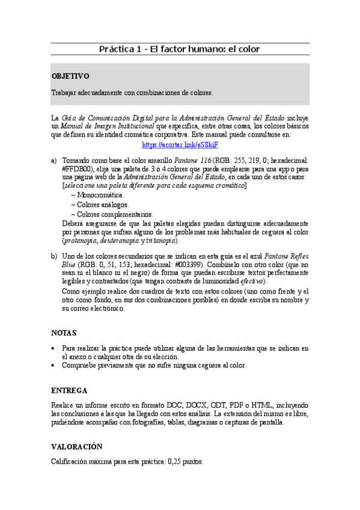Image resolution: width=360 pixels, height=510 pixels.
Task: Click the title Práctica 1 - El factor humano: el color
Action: (x=180, y=49)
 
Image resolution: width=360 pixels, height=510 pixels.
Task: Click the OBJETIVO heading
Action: (x=70, y=76)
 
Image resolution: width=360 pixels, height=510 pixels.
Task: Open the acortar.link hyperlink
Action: (x=180, y=145)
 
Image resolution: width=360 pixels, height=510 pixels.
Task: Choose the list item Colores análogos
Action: (x=103, y=204)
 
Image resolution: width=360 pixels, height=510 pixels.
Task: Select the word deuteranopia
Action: (x=126, y=240)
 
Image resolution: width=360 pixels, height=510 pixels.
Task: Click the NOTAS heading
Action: (x=64, y=332)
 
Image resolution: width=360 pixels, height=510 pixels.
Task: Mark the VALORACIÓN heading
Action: (x=77, y=446)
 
